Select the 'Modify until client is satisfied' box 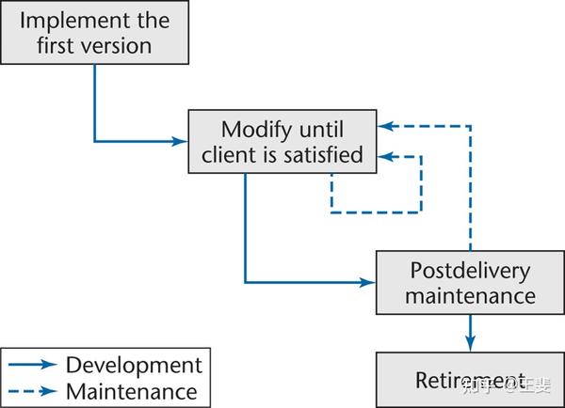282,142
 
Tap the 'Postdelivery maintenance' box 471,283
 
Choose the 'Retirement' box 471,380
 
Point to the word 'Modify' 254,129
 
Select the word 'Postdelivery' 471,271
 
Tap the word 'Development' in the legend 134,364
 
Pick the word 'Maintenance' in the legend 132,390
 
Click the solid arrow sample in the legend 33,365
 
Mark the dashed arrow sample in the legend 33,391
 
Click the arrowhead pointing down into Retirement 470,344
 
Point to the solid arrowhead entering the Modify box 180,142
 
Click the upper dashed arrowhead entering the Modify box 385,125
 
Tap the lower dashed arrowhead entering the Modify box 385,155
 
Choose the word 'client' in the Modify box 230,155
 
